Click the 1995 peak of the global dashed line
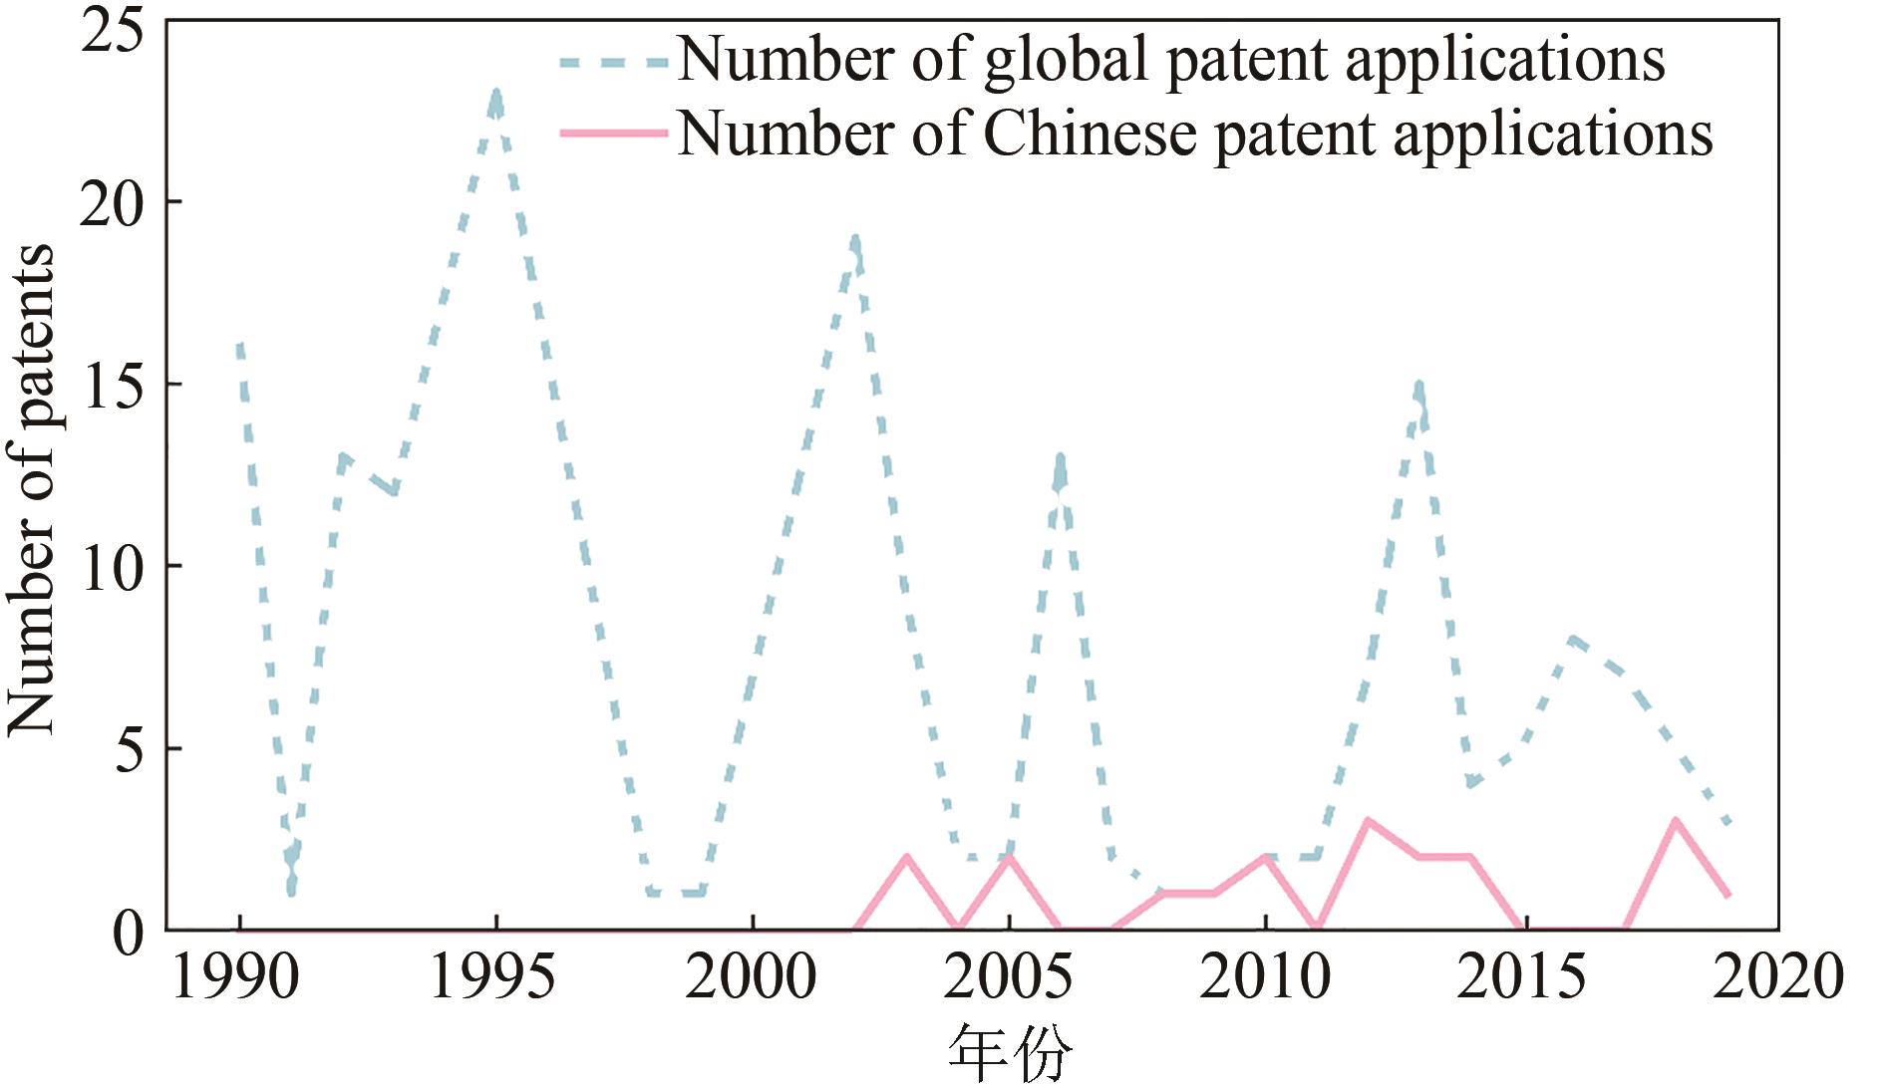(495, 94)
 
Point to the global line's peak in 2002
(854, 239)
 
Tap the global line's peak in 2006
(1060, 458)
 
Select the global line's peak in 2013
(1418, 385)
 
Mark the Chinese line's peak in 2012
(1368, 821)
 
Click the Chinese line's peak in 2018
(1676, 821)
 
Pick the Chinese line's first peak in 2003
(906, 857)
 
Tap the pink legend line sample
(613, 133)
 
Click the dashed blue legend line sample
(613, 62)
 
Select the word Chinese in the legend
(1090, 135)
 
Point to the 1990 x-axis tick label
(236, 976)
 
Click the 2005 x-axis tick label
(1008, 976)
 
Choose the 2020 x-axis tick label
(1777, 976)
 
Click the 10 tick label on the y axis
(112, 568)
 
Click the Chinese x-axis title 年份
(1009, 1054)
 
